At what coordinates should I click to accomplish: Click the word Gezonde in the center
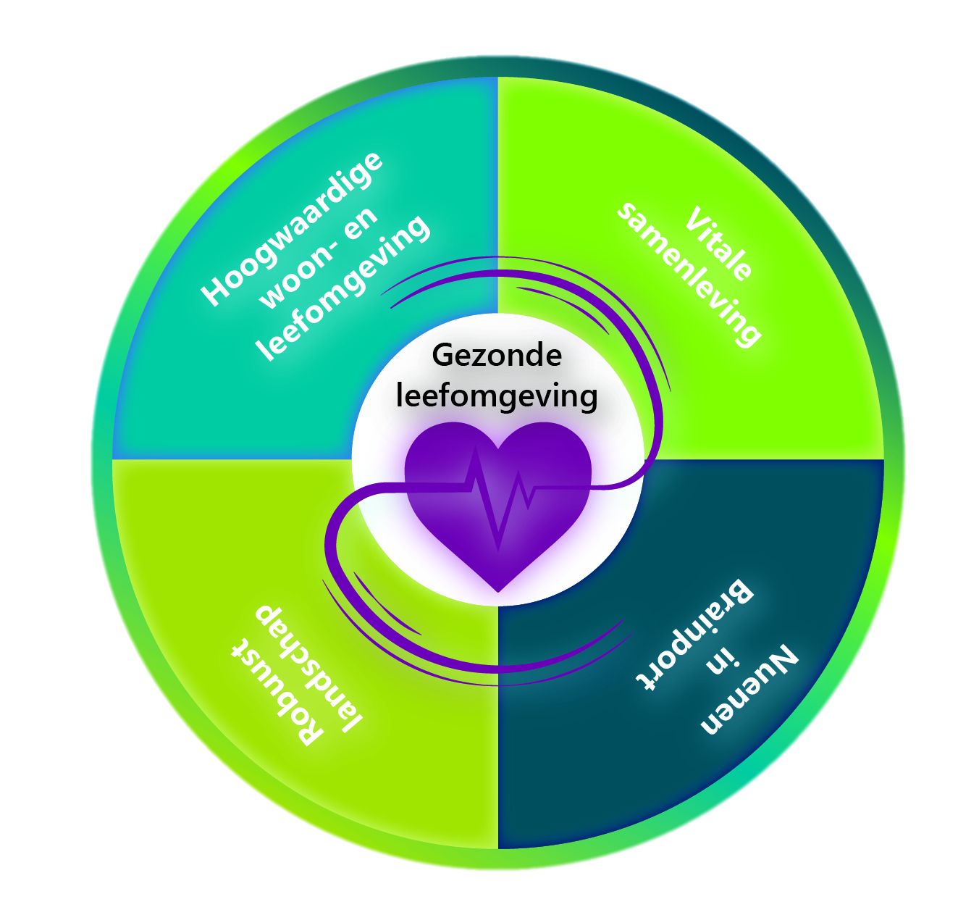pyautogui.click(x=497, y=356)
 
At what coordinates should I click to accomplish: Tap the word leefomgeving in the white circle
pyautogui.click(x=497, y=396)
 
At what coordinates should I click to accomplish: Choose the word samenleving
pyautogui.click(x=689, y=275)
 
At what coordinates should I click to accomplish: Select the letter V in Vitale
pyautogui.click(x=695, y=218)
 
